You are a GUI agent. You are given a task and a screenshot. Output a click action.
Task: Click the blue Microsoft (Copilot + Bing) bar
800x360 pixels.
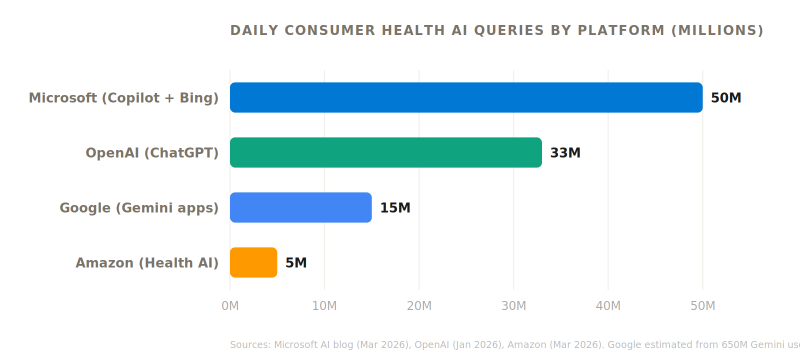point(466,97)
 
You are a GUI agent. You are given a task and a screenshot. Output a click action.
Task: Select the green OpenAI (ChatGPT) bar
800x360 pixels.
point(385,152)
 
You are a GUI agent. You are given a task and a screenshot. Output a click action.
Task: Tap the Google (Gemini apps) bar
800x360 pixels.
point(300,207)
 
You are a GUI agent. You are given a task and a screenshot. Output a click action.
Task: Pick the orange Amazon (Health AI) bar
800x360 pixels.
point(253,262)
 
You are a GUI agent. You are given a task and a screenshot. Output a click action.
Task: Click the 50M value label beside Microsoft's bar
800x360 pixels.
point(725,98)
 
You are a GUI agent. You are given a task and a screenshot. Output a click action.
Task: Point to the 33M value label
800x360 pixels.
point(565,153)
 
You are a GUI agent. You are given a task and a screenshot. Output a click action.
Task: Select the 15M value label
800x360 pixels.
point(395,208)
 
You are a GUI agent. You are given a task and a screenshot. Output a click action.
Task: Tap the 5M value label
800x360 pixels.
point(296,263)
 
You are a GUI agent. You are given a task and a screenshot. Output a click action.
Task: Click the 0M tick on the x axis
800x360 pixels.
point(230,306)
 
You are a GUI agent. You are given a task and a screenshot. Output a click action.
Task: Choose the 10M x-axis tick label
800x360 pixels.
point(324,306)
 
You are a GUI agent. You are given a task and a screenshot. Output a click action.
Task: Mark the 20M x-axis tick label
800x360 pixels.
point(419,306)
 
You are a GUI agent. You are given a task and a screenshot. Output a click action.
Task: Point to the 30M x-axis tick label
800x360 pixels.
point(513,306)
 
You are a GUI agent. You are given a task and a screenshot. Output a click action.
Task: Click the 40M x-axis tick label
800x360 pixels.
point(608,306)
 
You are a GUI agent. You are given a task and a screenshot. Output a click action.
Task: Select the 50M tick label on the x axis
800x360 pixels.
point(702,306)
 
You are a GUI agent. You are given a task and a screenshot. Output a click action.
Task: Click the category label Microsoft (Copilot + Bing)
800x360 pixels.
point(123,98)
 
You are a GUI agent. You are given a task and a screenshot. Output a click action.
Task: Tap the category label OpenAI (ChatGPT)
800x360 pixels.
point(152,153)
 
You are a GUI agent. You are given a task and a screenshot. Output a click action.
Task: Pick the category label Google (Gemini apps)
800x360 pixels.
point(139,208)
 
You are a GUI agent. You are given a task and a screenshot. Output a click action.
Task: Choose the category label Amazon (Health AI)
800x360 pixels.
point(147,263)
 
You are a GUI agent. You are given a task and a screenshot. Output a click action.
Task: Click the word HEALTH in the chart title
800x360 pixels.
point(413,30)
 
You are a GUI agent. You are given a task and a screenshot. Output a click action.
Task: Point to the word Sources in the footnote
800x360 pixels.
point(250,345)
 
